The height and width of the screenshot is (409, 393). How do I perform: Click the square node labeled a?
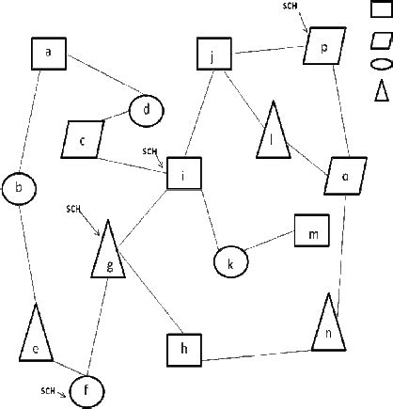(x=48, y=54)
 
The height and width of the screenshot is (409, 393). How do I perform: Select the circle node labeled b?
(x=19, y=188)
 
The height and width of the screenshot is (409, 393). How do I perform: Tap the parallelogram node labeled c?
(x=84, y=140)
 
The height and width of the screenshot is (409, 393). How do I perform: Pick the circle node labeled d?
(x=147, y=110)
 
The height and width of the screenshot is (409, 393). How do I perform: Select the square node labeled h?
(x=185, y=350)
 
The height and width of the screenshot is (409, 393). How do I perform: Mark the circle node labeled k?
(x=229, y=263)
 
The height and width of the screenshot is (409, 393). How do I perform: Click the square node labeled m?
(x=313, y=230)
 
